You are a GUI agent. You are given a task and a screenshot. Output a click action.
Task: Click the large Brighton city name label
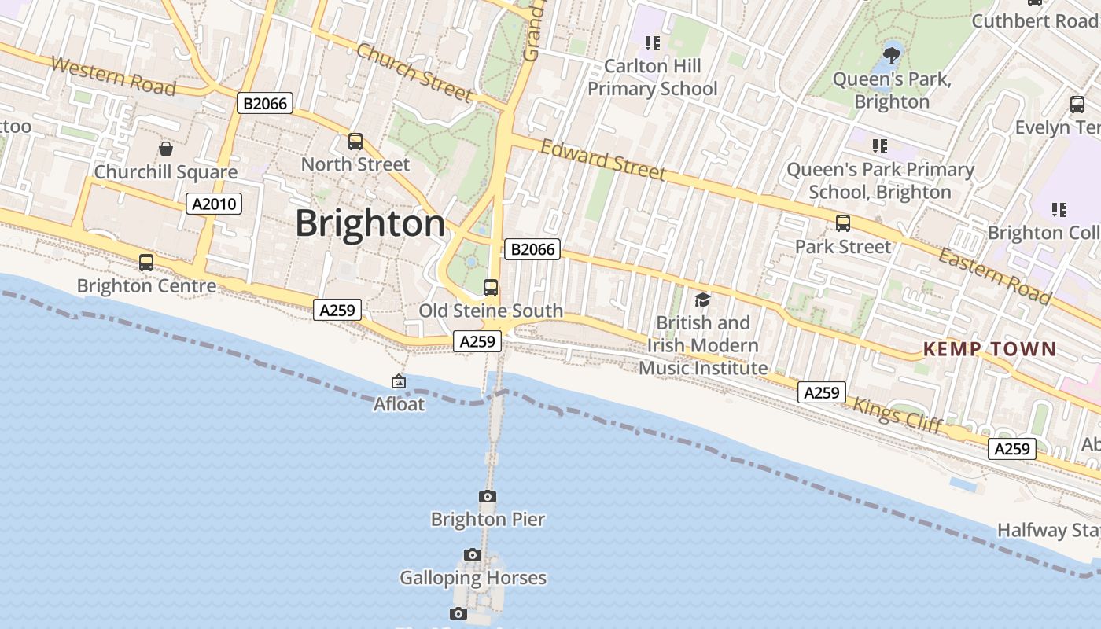coord(370,224)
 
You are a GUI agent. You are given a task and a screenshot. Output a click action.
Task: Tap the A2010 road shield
coord(214,204)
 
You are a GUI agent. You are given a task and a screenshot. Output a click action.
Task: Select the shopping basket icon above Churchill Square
coord(166,149)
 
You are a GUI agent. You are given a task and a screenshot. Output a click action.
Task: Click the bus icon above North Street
coord(355,142)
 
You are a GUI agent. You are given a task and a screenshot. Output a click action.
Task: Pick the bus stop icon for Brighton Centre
coord(146,263)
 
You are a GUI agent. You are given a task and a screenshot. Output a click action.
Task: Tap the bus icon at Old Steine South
coord(491,288)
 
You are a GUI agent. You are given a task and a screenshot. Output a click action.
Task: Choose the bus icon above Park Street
coord(843,223)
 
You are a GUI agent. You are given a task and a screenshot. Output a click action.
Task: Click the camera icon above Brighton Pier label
coord(488,496)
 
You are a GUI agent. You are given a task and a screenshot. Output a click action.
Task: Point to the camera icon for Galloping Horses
coord(472,555)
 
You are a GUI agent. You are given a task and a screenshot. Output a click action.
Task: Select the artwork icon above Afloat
coord(399,382)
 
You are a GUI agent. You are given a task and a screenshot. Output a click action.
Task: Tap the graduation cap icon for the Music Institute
coord(702,300)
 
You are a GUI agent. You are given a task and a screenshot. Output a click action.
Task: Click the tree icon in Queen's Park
coord(891,55)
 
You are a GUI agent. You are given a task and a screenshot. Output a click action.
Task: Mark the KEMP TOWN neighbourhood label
coord(989,349)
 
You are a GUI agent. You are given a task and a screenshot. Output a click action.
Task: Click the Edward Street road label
coord(603,160)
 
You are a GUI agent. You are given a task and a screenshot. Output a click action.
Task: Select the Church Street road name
coord(414,72)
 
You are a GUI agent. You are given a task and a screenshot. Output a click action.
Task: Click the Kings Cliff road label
coord(897,415)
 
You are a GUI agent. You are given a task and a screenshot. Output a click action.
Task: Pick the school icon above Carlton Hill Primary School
coord(652,43)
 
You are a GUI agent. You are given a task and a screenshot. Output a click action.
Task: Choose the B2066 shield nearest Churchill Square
coord(264,103)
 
